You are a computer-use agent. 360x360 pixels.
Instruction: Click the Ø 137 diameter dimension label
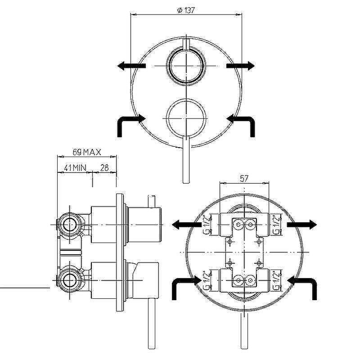click(x=186, y=10)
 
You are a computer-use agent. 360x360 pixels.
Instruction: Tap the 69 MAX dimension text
click(x=87, y=152)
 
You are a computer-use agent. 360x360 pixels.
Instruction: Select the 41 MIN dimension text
click(x=75, y=168)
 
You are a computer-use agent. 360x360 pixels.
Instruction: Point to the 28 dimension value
click(x=104, y=168)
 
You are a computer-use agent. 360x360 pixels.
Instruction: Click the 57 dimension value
click(x=244, y=178)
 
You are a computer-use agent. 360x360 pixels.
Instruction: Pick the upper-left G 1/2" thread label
click(x=207, y=224)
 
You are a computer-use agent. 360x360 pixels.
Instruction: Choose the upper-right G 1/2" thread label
click(x=277, y=224)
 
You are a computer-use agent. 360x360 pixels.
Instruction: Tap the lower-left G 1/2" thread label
click(x=207, y=280)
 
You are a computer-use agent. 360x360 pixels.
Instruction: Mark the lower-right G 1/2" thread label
click(x=277, y=280)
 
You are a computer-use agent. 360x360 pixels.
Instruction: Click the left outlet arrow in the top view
click(x=131, y=66)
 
